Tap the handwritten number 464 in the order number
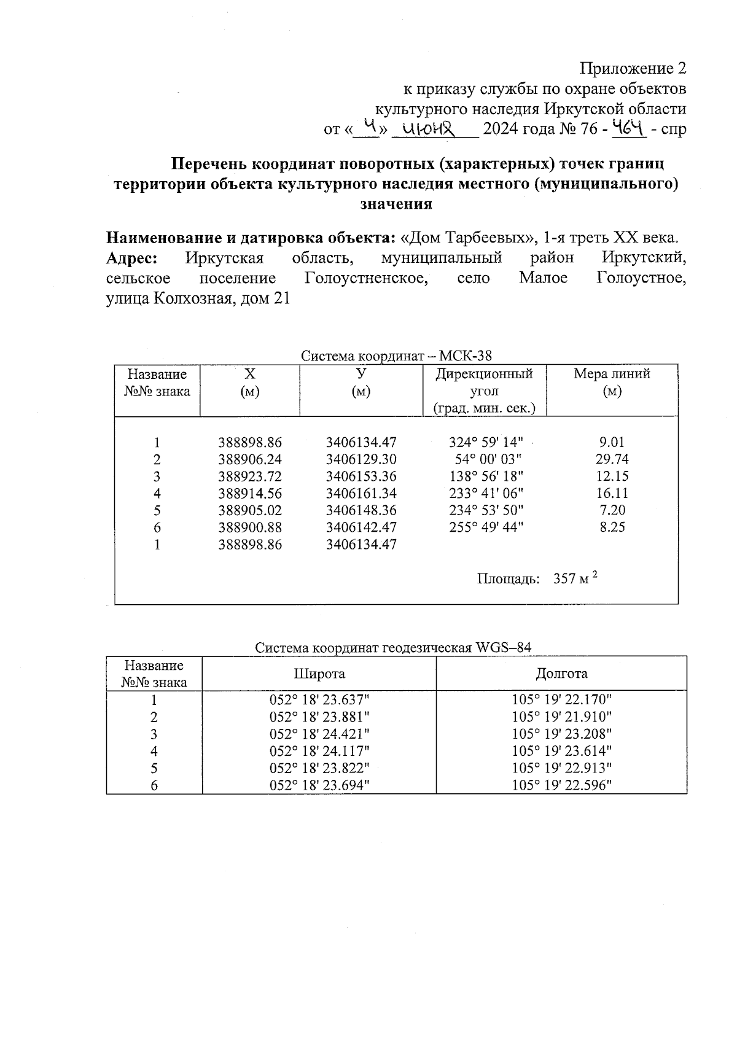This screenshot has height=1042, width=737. (x=630, y=128)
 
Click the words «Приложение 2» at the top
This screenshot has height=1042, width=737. (x=633, y=68)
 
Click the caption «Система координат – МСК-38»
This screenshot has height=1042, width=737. (x=396, y=356)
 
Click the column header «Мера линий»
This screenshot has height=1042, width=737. (x=612, y=374)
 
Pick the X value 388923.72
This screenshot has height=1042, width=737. (x=250, y=476)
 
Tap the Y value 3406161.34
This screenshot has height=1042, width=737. (x=361, y=493)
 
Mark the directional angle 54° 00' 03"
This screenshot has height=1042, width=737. (x=489, y=459)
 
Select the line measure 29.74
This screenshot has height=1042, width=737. (x=612, y=459)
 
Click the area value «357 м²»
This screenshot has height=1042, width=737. (x=575, y=578)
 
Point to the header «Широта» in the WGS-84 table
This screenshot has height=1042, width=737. (x=319, y=674)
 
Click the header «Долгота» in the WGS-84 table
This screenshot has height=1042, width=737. (x=561, y=674)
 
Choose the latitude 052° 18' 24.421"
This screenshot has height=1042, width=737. (x=319, y=734)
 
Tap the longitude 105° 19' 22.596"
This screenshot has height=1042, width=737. (x=562, y=785)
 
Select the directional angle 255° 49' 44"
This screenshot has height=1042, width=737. (x=486, y=527)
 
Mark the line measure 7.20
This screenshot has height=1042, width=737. (x=612, y=510)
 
